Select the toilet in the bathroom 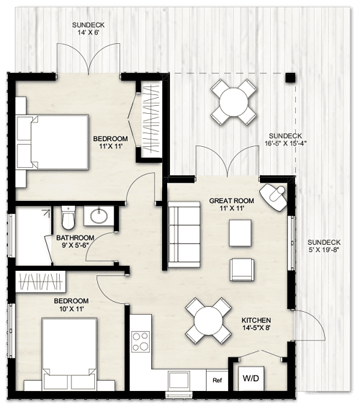point(68,216)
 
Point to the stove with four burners point(141,340)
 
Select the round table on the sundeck point(234,101)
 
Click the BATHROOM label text point(75,238)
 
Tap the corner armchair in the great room point(274,194)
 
